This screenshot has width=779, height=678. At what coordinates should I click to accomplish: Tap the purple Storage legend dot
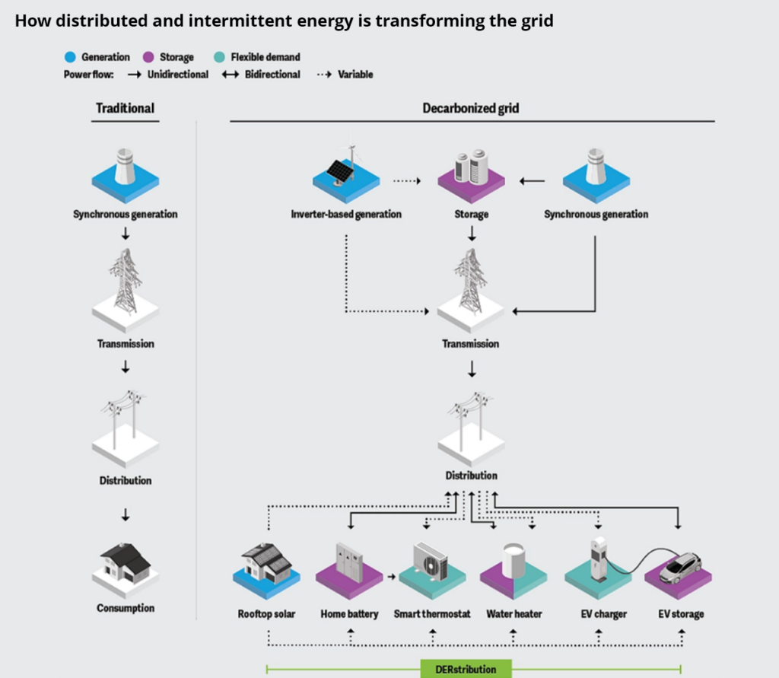tap(148, 57)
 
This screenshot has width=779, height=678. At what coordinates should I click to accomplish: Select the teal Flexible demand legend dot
tap(219, 57)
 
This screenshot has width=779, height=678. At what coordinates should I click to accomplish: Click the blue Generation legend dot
tap(71, 57)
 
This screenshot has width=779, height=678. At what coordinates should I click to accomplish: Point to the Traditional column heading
tap(125, 108)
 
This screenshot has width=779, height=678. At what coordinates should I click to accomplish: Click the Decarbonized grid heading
tap(471, 108)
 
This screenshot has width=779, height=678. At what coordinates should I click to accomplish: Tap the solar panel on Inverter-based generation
tap(339, 171)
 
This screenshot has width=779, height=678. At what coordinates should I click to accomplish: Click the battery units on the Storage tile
tap(471, 166)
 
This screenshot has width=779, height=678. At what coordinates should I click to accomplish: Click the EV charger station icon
tap(599, 558)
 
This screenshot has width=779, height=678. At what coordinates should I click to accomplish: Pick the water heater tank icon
tap(514, 560)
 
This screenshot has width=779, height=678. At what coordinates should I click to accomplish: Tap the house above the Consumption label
tap(126, 562)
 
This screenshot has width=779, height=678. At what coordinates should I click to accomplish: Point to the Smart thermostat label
tap(432, 614)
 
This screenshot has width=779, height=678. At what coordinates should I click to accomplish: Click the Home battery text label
tap(349, 614)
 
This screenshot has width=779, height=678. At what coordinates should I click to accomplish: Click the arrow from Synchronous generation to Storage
tap(533, 181)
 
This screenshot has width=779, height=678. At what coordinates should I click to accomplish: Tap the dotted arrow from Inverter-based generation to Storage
tap(407, 181)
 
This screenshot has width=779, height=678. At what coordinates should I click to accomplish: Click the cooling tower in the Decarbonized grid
tap(596, 166)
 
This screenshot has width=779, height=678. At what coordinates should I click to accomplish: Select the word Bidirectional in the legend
tap(272, 75)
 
